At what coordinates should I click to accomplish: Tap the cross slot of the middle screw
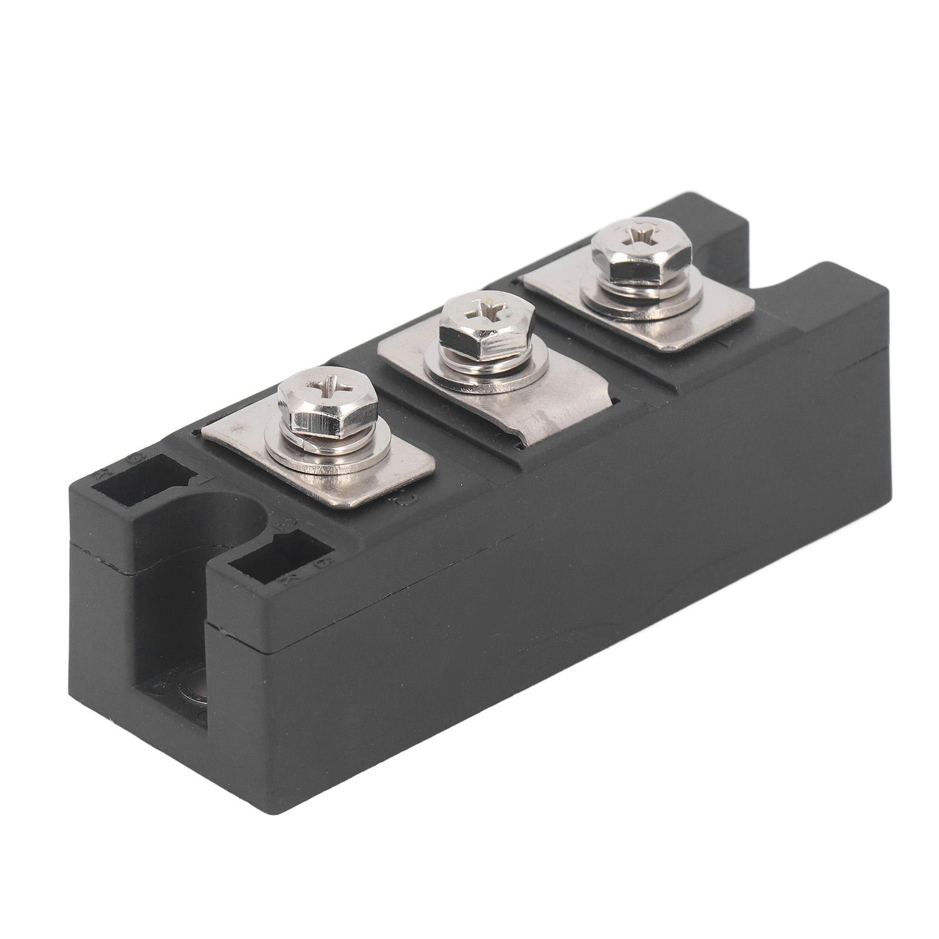click(x=486, y=309)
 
